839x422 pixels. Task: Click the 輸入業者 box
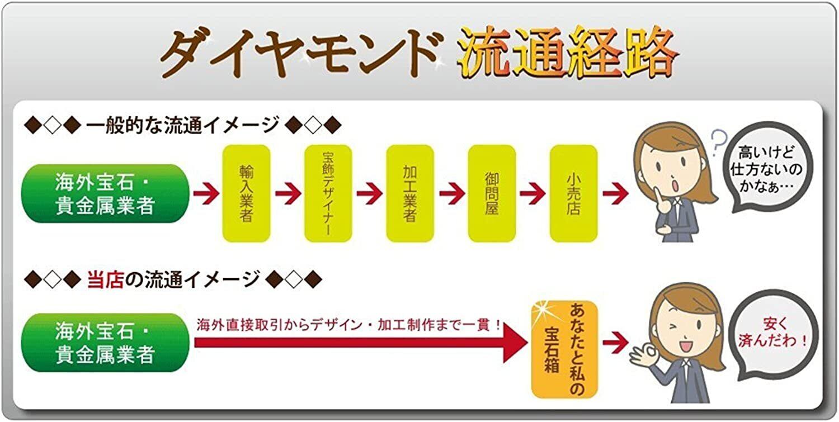click(246, 193)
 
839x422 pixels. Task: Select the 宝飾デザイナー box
click(328, 193)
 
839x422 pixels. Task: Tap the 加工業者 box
click(410, 193)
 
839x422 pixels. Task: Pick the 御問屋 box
click(492, 193)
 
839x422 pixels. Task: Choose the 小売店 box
click(573, 193)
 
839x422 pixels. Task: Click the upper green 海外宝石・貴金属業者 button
click(105, 193)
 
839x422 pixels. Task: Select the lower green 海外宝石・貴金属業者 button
click(105, 343)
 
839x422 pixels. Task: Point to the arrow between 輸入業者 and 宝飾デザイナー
click(287, 194)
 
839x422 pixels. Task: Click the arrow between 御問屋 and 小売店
click(532, 194)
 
